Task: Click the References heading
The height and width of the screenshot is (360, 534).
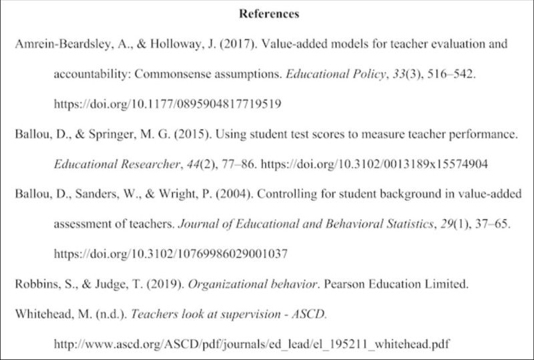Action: (x=266, y=13)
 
